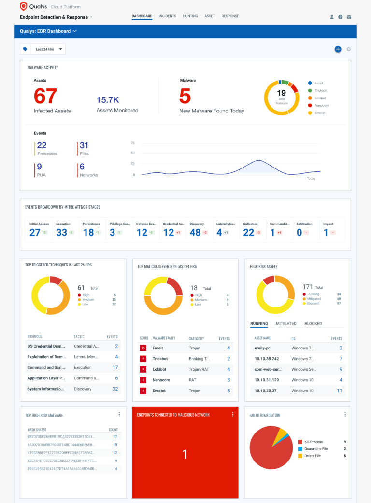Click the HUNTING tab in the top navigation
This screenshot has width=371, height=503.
pos(190,16)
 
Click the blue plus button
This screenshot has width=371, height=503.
pos(338,49)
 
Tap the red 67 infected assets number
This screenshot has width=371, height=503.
pos(45,97)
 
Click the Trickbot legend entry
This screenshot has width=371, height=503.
pos(321,91)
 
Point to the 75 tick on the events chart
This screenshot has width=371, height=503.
pos(133,143)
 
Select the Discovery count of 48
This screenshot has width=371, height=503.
pos(195,232)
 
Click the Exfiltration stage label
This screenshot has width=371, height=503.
pos(304,224)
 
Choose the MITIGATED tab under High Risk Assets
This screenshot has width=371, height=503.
pos(286,324)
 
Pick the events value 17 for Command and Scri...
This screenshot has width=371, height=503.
pos(115,367)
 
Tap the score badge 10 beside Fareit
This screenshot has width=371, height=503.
pos(143,348)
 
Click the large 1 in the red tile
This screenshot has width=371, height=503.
pos(185,454)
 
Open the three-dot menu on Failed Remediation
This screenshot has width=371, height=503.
pos(345,414)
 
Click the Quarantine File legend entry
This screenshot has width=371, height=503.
pos(316,449)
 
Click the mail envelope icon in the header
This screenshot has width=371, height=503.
pos(349,17)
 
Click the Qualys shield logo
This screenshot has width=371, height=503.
pos(24,6)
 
